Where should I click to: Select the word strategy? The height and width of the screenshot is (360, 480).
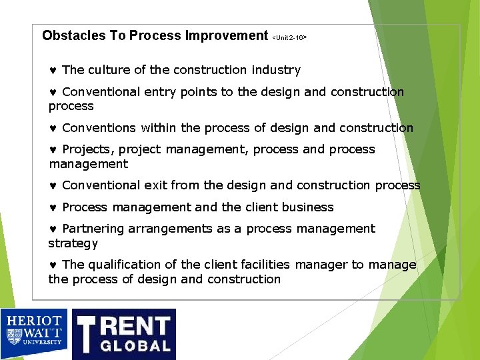pos(73,243)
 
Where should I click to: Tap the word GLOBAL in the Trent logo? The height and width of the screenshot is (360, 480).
pos(135,345)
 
